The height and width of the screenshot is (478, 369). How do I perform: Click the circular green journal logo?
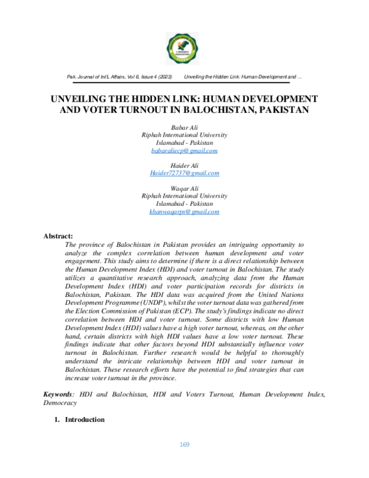[x=184, y=48]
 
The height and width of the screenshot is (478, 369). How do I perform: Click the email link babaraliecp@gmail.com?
[x=184, y=150]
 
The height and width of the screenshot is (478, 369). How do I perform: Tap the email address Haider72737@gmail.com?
[x=184, y=173]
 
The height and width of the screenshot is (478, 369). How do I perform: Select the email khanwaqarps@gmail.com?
[x=184, y=211]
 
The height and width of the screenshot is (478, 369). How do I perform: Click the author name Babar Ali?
[x=184, y=126]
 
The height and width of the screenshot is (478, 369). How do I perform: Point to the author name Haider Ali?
[x=184, y=165]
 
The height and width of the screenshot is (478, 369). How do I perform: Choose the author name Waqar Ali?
[x=184, y=188]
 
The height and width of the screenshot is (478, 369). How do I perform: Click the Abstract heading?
[x=58, y=236]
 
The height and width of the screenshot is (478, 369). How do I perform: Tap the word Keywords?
[x=58, y=393]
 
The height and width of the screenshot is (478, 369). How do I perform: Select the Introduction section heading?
[x=84, y=419]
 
